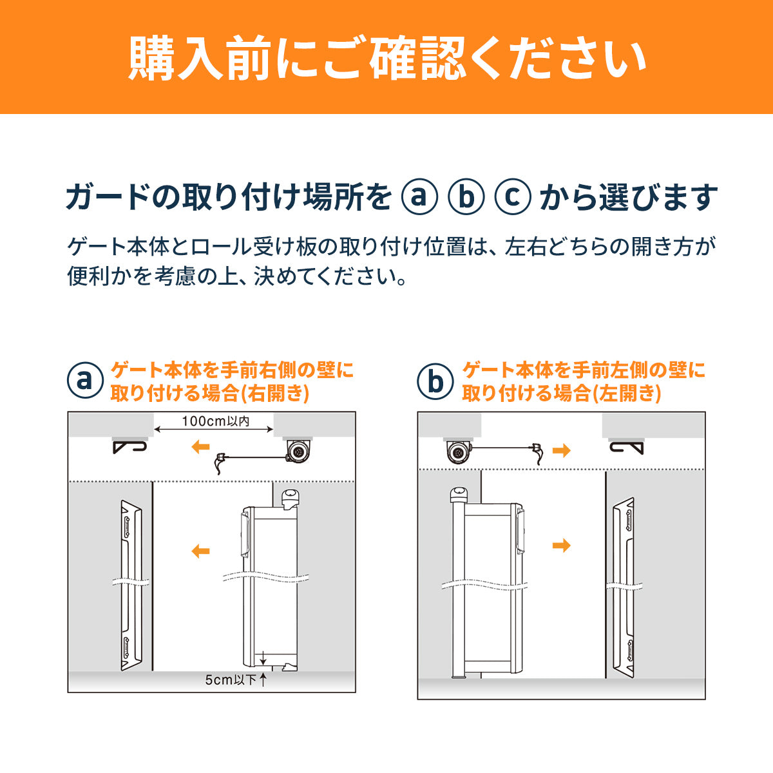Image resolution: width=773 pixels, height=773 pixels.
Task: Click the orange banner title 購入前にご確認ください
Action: tap(387, 58)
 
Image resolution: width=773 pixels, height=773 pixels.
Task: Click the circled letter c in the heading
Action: tap(513, 196)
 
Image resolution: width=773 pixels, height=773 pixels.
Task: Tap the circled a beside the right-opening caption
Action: tap(85, 380)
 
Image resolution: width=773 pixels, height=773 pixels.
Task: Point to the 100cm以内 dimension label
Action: tap(215, 421)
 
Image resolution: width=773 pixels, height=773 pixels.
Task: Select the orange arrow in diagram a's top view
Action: tap(200, 446)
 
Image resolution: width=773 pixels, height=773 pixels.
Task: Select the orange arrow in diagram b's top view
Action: tap(561, 450)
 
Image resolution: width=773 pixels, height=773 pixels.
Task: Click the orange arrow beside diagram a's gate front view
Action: tap(200, 551)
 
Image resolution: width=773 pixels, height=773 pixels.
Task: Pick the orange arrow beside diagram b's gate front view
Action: tap(561, 545)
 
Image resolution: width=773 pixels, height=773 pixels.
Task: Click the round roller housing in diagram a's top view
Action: tap(298, 452)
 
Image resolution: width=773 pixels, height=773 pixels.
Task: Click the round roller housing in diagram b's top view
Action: tap(458, 452)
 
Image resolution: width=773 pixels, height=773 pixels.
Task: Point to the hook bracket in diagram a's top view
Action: tap(129, 447)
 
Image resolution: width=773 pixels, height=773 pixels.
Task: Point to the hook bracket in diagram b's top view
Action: tap(626, 448)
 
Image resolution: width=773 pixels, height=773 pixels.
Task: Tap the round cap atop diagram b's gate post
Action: tap(459, 494)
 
